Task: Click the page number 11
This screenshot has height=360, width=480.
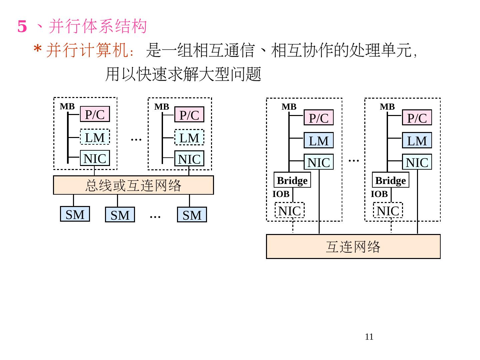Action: [x=369, y=337]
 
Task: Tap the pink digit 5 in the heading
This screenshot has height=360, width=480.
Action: [x=22, y=26]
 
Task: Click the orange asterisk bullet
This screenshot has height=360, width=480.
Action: [x=37, y=51]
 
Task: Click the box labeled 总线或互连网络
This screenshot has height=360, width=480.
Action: [x=133, y=185]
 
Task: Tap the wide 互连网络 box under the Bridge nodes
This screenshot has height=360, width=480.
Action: [x=353, y=247]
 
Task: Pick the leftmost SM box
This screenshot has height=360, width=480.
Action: [x=75, y=214]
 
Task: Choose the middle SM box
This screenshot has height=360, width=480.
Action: [x=120, y=215]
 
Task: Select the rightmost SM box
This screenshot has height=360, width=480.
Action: [x=192, y=215]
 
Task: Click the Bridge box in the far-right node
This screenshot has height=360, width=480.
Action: [x=390, y=180]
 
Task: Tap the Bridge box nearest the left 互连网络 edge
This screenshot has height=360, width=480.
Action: [x=292, y=180]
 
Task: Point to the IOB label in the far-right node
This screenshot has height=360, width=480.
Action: [x=379, y=194]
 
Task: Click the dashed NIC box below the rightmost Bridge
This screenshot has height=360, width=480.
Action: [x=388, y=211]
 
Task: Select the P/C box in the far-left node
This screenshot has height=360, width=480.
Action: [x=95, y=114]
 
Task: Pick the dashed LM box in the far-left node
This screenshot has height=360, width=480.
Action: [x=95, y=137]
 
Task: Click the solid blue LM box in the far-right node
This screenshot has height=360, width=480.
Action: [x=417, y=140]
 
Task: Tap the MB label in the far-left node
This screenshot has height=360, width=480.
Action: [x=67, y=107]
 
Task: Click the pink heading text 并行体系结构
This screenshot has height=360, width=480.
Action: [x=98, y=26]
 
